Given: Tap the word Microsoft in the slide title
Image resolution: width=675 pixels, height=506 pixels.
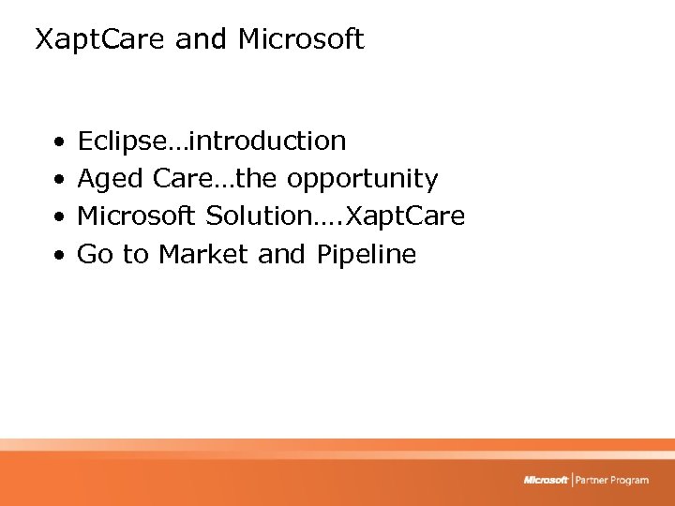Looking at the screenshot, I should pos(301,40).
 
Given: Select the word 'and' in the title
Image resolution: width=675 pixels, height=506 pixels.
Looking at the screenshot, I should pos(202,40).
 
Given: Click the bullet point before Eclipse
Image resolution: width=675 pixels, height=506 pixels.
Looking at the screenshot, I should pos(58,142).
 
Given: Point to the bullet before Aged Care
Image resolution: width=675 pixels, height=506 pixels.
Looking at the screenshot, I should pos(58,180).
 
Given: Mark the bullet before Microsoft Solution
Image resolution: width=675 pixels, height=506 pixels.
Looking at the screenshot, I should pos(58,217).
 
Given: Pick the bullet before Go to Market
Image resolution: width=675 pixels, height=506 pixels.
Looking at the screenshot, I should pos(58,255).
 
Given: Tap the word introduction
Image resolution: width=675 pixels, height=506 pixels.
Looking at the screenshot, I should pos(267,141).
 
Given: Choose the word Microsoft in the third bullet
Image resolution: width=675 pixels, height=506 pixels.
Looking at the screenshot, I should pos(137,216).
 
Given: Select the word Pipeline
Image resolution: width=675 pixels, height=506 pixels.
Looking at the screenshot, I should pos(366,254).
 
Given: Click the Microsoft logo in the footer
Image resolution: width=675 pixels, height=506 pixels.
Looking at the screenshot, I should pos(547,480).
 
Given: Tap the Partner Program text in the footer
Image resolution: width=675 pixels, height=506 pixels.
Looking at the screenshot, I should pos(612,480).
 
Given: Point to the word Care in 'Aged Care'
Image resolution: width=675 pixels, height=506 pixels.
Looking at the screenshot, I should pos(182,179).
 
